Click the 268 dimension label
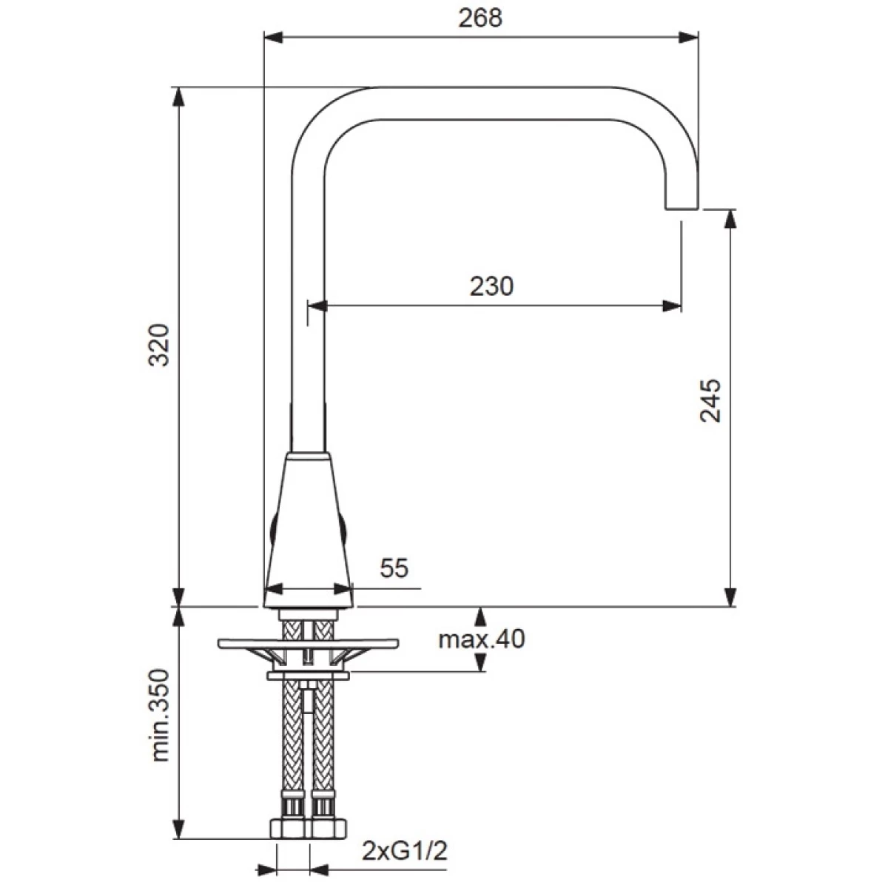pyautogui.click(x=480, y=18)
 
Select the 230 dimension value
pyautogui.click(x=491, y=286)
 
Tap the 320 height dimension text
pyautogui.click(x=159, y=345)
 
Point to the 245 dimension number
pyautogui.click(x=710, y=400)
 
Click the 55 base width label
pyautogui.click(x=394, y=568)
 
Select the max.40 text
pyautogui.click(x=482, y=639)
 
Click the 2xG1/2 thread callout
pyautogui.click(x=405, y=851)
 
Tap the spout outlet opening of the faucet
pyautogui.click(x=681, y=209)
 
